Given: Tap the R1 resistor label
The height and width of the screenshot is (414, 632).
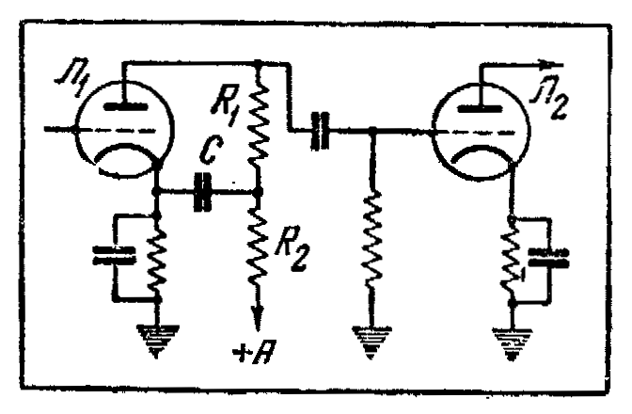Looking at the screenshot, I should (x=227, y=103).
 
